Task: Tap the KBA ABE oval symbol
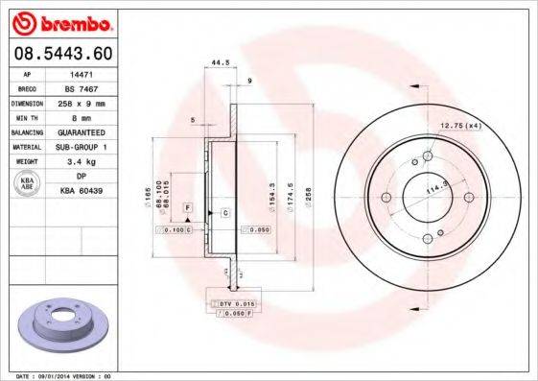click(x=27, y=183)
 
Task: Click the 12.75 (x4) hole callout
click(x=459, y=126)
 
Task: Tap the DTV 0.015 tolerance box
click(x=233, y=302)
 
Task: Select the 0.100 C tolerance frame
click(x=176, y=231)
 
